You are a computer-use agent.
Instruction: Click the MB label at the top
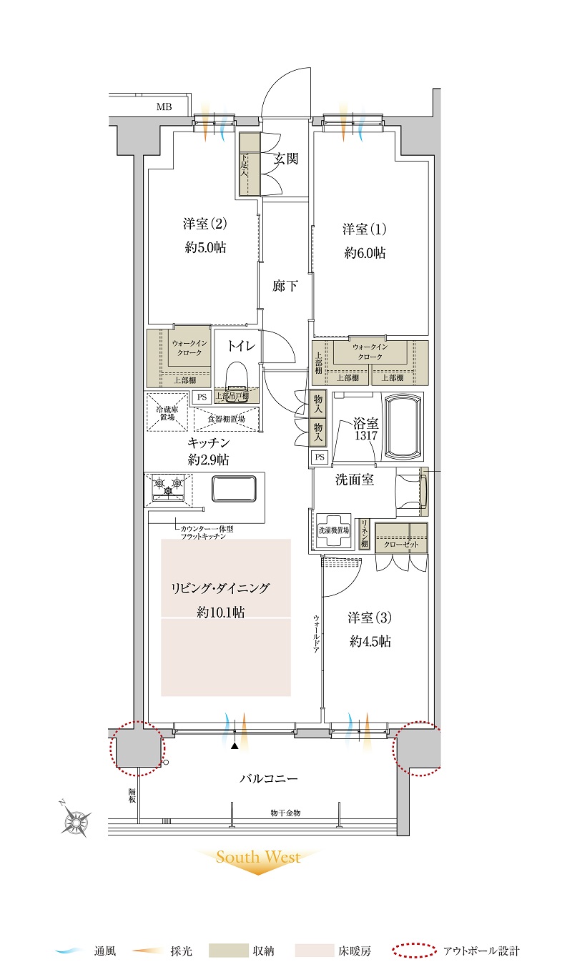(x=164, y=106)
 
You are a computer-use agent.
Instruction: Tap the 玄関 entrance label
(x=286, y=159)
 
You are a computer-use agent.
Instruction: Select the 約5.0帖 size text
(x=205, y=247)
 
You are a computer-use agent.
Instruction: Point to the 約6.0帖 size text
(x=365, y=252)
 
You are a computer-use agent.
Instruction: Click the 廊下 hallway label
(x=285, y=286)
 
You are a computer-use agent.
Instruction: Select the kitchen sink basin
(x=234, y=489)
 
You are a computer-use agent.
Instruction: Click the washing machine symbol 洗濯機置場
(x=334, y=530)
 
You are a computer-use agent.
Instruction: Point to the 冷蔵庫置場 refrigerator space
(x=167, y=412)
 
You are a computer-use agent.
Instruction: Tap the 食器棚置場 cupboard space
(x=226, y=419)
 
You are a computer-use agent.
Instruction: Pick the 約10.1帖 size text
(x=220, y=612)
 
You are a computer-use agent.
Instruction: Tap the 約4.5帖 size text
(x=370, y=641)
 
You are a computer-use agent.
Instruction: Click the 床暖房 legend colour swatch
(x=314, y=951)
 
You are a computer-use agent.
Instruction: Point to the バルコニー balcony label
(x=269, y=778)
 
